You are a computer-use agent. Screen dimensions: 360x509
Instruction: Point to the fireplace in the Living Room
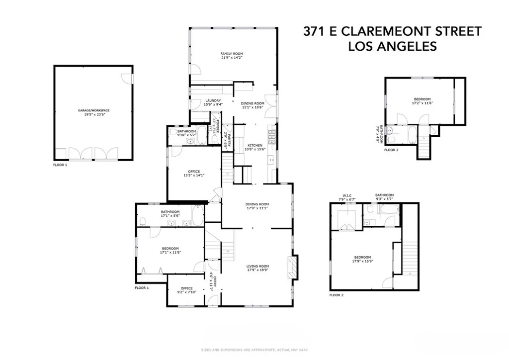click(x=294, y=269)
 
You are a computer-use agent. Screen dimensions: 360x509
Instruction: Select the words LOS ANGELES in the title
click(x=392, y=46)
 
